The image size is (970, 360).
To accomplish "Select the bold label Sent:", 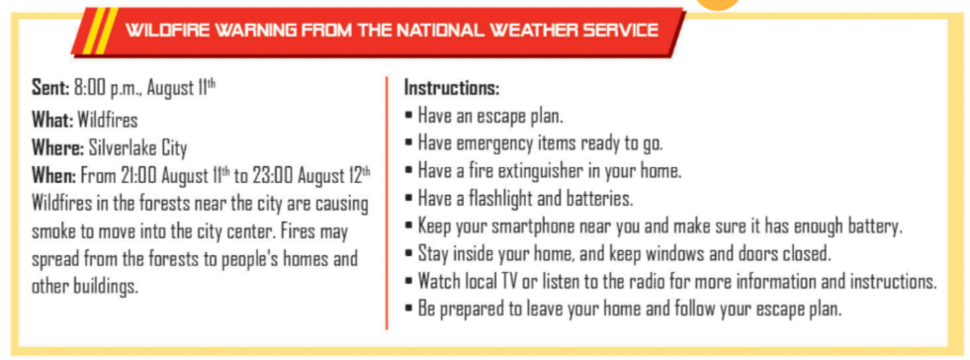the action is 50,88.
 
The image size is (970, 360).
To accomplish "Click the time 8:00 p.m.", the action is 109,88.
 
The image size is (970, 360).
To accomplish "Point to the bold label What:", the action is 52,120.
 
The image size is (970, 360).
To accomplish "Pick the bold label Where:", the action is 57,148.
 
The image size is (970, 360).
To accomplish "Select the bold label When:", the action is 54,176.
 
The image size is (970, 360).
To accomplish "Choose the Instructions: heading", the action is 452,88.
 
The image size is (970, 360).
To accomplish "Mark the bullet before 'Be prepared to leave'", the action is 409,308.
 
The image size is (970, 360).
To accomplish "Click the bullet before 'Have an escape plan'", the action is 409,116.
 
